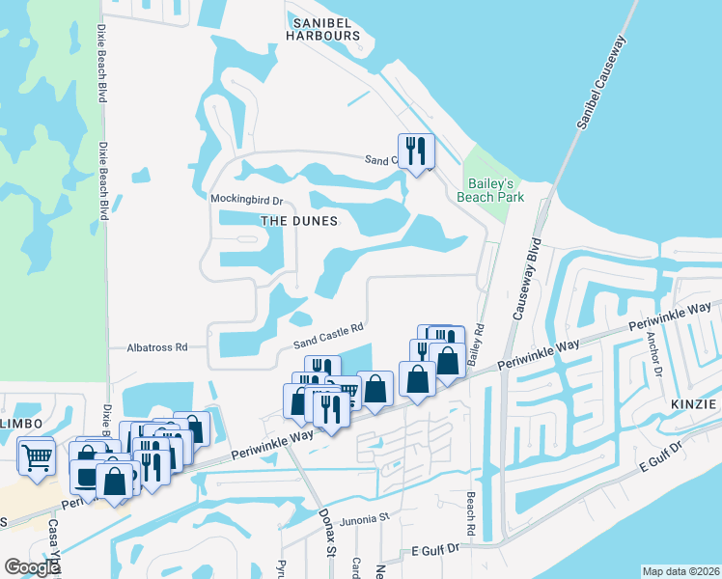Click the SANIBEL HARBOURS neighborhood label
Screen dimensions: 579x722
click(x=322, y=28)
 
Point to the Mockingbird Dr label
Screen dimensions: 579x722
click(x=246, y=201)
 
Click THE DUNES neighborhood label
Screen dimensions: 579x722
click(x=299, y=221)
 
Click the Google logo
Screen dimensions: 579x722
click(x=32, y=567)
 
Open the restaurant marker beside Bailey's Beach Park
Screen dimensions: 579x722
click(x=416, y=152)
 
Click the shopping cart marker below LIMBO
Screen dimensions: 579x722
click(x=36, y=456)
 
